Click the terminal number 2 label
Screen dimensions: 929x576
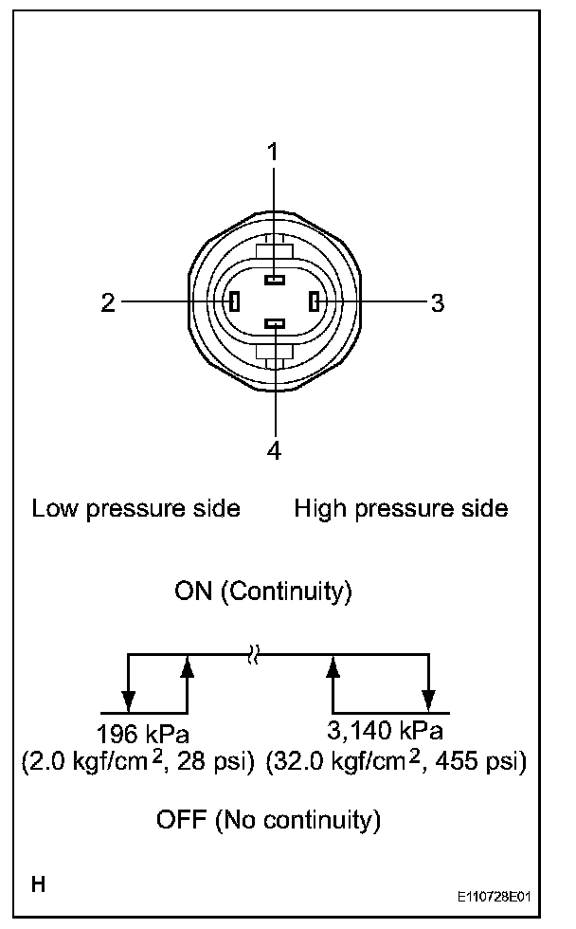pos(108,302)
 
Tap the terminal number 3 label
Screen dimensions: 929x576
pos(437,303)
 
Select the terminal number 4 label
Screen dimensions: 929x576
pos(275,451)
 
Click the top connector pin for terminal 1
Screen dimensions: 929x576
pos(275,280)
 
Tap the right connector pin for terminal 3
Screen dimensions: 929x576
pos(314,302)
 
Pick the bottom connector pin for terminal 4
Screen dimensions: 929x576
pos(275,325)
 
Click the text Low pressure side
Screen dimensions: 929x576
pos(135,508)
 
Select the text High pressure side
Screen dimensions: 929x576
pos(401,508)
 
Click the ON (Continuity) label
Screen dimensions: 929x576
pos(264,592)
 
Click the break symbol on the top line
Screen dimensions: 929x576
pos(252,654)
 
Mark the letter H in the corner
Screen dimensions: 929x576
pos(39,886)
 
